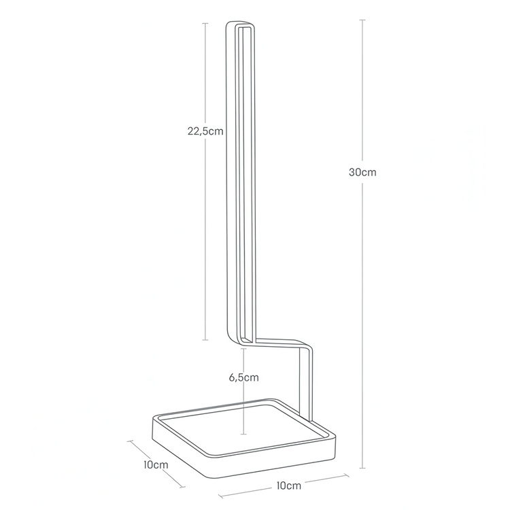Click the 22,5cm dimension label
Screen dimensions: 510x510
pyautogui.click(x=205, y=131)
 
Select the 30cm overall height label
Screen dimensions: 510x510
pyautogui.click(x=362, y=172)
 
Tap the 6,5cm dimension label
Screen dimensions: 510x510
pyautogui.click(x=243, y=377)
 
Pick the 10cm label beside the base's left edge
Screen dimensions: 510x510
pyautogui.click(x=156, y=465)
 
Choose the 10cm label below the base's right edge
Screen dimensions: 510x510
pyautogui.click(x=289, y=486)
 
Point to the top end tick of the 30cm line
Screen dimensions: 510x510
pyautogui.click(x=362, y=20)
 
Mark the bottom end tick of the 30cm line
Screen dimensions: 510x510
pyautogui.click(x=362, y=468)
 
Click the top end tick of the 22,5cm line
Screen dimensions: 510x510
pyautogui.click(x=205, y=23)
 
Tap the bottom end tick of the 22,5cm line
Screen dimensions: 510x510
pyautogui.click(x=205, y=340)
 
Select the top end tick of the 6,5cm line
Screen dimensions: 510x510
pyautogui.click(x=243, y=348)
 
